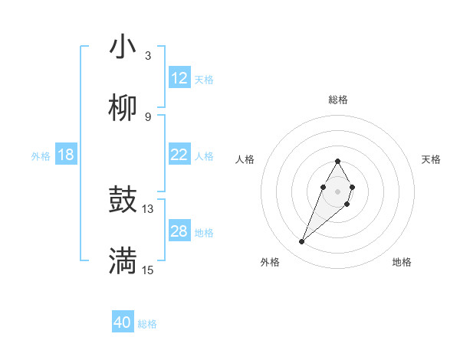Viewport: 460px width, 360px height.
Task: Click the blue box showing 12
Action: [179, 78]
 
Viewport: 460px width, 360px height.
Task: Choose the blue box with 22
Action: [179, 155]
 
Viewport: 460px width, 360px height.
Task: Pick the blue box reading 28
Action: [179, 231]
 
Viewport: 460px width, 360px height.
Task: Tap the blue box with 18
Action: [66, 155]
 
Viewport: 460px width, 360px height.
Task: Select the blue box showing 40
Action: [123, 322]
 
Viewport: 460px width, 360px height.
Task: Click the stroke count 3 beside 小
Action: [148, 55]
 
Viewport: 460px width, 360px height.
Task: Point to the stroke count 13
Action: [148, 208]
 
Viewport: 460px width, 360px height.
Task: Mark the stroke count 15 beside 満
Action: [148, 270]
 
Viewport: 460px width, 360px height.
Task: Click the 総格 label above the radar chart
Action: [338, 100]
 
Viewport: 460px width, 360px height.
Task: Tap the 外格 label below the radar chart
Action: [270, 263]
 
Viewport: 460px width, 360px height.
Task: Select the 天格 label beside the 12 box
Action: [204, 80]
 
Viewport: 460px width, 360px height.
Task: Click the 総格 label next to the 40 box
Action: [147, 324]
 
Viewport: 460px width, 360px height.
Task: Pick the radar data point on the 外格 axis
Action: [302, 242]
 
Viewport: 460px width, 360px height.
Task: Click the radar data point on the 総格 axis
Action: [337, 161]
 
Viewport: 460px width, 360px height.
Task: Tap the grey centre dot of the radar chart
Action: [337, 190]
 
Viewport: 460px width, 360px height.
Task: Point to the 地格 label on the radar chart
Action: [402, 263]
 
